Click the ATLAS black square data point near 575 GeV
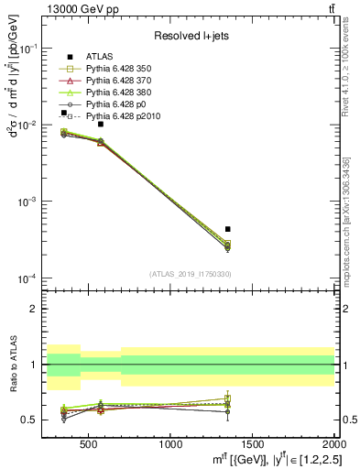pyautogui.click(x=101, y=124)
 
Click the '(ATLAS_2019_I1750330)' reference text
pyautogui.click(x=191, y=274)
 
